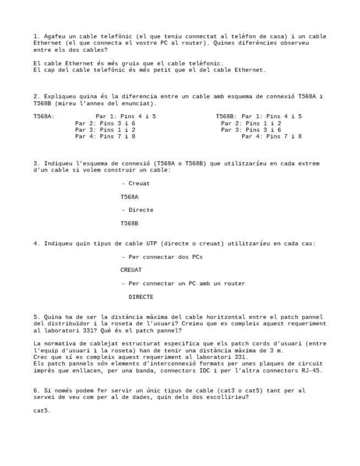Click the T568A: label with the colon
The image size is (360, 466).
[43, 116]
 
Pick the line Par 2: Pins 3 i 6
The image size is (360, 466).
[105, 123]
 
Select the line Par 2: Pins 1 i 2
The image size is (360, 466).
[251, 123]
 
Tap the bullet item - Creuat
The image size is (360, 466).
[136, 184]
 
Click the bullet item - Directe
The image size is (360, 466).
[137, 210]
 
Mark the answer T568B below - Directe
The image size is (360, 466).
[130, 223]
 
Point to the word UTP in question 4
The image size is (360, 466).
[152, 243]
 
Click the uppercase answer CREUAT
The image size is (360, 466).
[131, 270]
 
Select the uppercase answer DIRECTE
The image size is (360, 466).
[141, 297]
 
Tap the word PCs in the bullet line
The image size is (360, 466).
[198, 257]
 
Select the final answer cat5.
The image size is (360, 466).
[42, 410]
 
